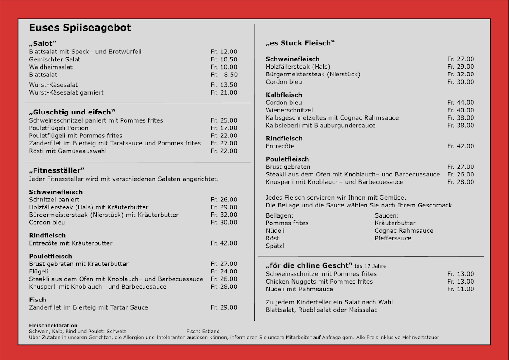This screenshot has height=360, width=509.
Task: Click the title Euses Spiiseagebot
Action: pos(80,28)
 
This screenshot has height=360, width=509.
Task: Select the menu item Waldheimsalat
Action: pos(50,67)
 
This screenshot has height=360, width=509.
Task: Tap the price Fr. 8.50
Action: pos(224,75)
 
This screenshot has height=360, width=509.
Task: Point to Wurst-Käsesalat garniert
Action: pos(66,92)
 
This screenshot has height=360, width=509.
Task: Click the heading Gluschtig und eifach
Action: pos(72,112)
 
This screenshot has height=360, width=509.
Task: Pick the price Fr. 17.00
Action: pos(224,128)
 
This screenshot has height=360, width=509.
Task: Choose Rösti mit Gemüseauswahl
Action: pos(67,151)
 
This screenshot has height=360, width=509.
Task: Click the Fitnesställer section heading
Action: pos(57,170)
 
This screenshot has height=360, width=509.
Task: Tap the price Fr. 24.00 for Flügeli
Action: pos(224,271)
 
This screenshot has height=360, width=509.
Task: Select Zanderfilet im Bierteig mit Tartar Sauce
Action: pos(88,307)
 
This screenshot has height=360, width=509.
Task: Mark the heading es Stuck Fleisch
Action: pos(300,43)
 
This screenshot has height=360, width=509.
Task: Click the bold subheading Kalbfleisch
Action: pos(284,95)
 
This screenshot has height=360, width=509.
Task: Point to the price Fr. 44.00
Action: pos(461,103)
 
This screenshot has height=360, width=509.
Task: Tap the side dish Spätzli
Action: pos(275,246)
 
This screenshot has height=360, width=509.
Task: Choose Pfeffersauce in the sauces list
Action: pos(393,238)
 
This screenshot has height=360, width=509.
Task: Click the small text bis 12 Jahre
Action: pos(370,266)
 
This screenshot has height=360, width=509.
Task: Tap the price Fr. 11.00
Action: pos(461,289)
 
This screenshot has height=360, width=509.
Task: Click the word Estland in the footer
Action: pos(211,332)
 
